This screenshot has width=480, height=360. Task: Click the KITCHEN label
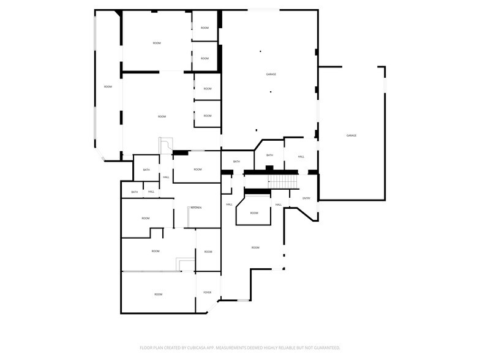[196, 208]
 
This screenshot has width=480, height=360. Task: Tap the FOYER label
[208, 293]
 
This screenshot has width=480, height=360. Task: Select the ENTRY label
[306, 198]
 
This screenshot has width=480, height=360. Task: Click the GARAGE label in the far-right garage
[351, 135]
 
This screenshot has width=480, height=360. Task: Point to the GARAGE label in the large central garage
[271, 74]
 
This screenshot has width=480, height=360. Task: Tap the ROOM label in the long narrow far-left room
[108, 87]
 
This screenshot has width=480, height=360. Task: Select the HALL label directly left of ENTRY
[278, 204]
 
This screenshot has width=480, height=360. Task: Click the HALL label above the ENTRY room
[301, 157]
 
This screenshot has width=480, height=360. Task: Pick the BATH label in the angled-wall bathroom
[269, 156]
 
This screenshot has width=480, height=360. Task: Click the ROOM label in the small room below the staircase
[253, 213]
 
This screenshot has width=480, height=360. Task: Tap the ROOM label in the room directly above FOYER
[208, 252]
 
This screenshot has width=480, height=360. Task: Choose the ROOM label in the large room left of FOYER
[158, 294]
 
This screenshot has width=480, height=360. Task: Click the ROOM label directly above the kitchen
[198, 170]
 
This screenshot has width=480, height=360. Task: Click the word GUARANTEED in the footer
[324, 347]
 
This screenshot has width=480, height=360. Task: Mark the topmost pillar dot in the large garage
[260, 51]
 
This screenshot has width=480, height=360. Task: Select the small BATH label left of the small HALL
[134, 192]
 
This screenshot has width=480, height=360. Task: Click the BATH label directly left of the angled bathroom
[236, 162]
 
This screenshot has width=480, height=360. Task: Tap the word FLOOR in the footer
[146, 347]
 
